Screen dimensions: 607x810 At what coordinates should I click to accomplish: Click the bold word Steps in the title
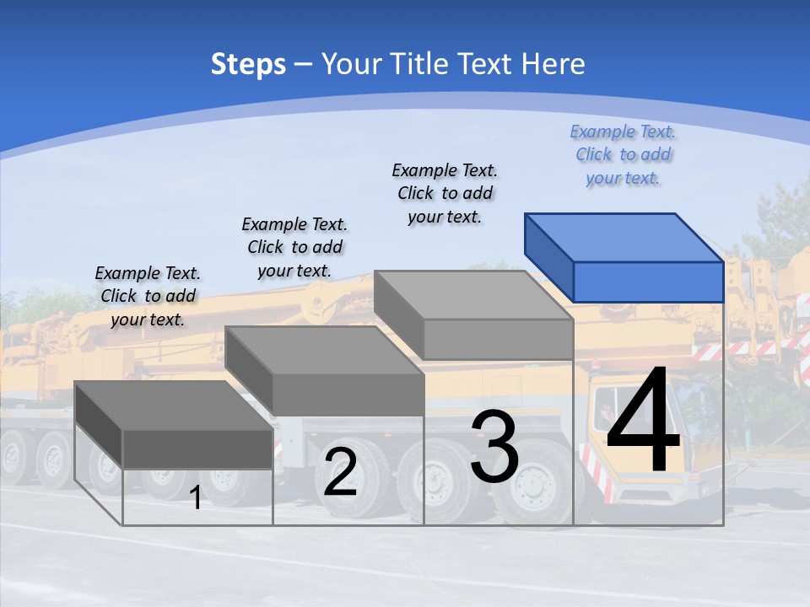click(248, 64)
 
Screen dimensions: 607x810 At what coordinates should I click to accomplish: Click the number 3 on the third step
click(494, 447)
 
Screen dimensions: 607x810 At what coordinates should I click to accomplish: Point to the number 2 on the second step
click(340, 471)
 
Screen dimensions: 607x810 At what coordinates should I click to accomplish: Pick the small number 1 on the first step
click(196, 497)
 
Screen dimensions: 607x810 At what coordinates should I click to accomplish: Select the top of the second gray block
click(325, 350)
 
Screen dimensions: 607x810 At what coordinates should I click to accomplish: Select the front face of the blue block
click(648, 282)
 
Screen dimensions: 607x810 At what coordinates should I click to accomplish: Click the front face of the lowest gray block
click(197, 449)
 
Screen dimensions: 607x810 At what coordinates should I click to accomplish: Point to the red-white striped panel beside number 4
click(593, 472)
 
